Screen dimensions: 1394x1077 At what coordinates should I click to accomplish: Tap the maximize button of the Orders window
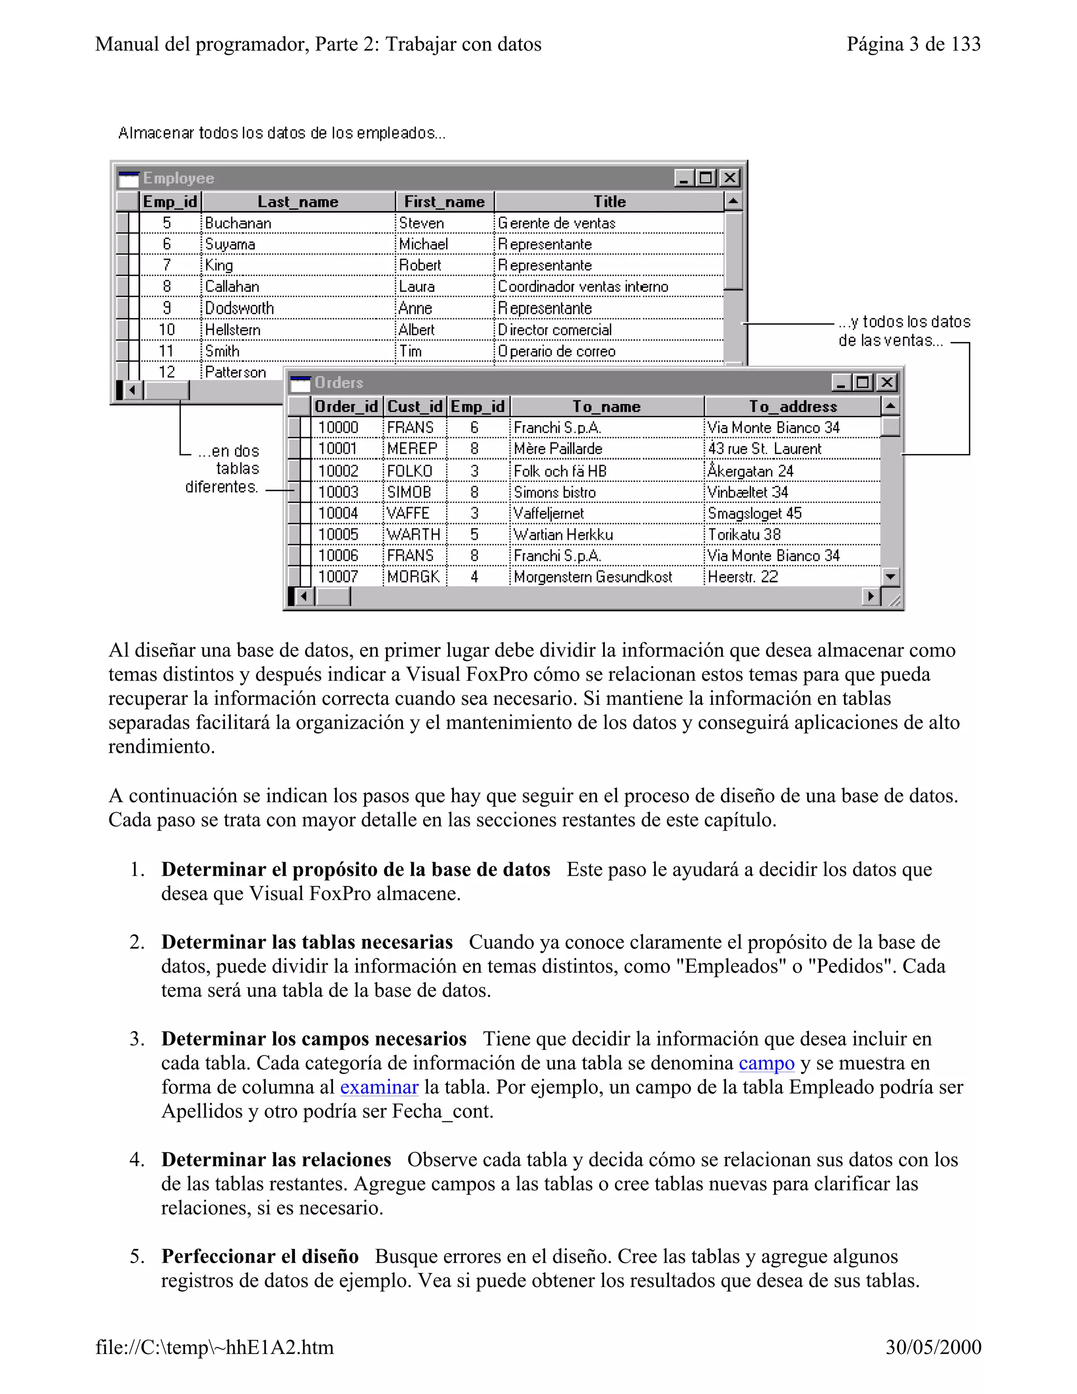coord(862,382)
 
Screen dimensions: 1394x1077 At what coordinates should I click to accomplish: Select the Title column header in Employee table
coord(609,201)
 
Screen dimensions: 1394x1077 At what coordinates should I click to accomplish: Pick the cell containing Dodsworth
coord(239,308)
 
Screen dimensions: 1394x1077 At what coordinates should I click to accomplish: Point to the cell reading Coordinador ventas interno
coord(583,287)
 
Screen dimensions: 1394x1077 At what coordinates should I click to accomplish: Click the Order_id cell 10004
coord(338,513)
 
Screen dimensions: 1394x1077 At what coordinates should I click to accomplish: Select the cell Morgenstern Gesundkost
coord(593,577)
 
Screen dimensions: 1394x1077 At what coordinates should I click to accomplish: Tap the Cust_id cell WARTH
coord(413,534)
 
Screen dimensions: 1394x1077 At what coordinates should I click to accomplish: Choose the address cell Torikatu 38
coord(744,534)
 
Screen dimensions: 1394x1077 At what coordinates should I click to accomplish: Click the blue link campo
coord(766,1063)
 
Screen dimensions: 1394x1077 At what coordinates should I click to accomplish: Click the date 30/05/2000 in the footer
coord(933,1347)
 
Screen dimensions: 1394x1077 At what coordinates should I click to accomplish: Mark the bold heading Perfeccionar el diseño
coord(260,1256)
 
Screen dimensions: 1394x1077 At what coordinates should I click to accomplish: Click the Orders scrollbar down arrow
coord(890,577)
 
